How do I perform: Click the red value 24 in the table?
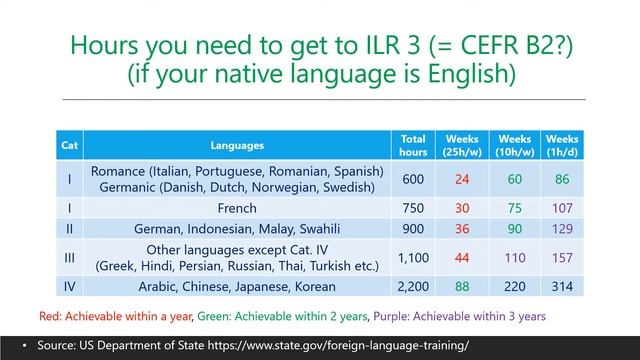click(462, 179)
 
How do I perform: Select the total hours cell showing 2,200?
click(413, 286)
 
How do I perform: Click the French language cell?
click(237, 208)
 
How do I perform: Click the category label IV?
click(69, 286)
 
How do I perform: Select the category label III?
click(69, 257)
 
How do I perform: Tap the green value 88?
click(462, 286)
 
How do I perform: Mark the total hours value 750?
click(413, 208)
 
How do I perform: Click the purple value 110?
click(514, 257)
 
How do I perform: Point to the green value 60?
click(514, 179)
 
